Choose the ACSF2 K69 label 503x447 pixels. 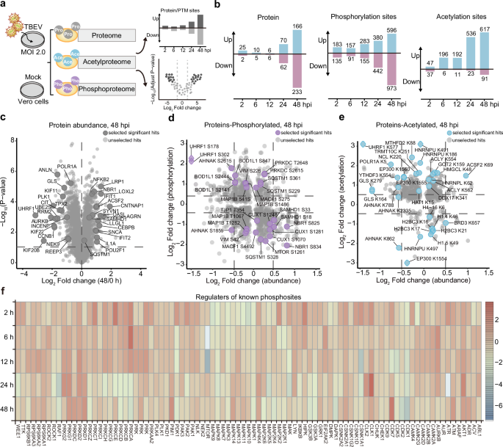pos(480,165)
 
